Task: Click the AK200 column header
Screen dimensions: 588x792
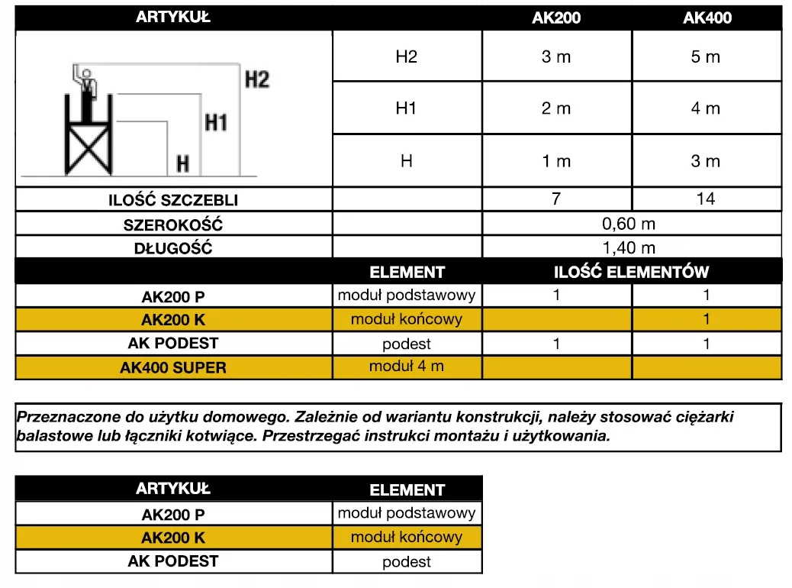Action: point(556,18)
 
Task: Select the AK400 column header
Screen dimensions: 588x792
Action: point(707,18)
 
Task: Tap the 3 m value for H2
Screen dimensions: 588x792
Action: point(556,57)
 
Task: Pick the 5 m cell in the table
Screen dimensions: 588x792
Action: point(706,57)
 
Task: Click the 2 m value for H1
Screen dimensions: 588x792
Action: point(556,108)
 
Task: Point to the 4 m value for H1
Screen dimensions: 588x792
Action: point(706,108)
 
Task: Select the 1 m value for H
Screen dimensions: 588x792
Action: point(556,161)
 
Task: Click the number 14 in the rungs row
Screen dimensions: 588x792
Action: point(706,199)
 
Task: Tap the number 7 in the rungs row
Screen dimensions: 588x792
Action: point(556,199)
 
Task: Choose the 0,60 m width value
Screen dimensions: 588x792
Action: point(629,224)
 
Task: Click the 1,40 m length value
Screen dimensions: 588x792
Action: point(629,247)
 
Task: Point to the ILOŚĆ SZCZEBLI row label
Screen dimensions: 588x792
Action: point(173,201)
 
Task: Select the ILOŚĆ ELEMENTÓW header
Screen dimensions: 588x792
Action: point(631,272)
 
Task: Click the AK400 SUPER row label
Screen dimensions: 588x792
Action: point(173,367)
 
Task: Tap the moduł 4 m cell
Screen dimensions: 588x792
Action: point(406,367)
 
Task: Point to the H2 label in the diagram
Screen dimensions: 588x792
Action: point(257,79)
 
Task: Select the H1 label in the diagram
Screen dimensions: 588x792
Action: point(216,121)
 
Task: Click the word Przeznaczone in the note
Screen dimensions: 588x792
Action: point(62,418)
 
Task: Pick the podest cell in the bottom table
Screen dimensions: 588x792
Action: point(407,562)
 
